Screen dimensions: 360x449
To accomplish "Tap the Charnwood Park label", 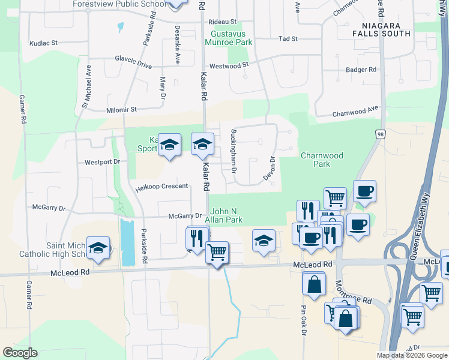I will click(x=322, y=160).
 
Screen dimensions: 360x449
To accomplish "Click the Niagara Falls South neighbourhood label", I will click(x=387, y=29).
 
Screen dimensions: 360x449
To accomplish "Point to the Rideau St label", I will click(x=223, y=22).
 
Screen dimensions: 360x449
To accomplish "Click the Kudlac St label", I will click(x=43, y=43).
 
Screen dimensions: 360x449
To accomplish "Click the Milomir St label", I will click(x=122, y=110).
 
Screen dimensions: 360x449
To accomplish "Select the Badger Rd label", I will click(x=361, y=70).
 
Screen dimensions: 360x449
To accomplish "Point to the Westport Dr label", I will click(x=103, y=162).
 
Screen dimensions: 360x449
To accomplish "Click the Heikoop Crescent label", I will click(x=162, y=187).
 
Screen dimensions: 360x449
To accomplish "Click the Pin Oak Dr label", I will click(x=304, y=322).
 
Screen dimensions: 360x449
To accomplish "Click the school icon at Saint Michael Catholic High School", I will click(x=98, y=248).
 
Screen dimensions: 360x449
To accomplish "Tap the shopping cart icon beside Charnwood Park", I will click(x=335, y=196).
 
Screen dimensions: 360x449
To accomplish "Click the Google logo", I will click(x=20, y=353).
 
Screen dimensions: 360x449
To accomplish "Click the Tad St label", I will click(x=288, y=39).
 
